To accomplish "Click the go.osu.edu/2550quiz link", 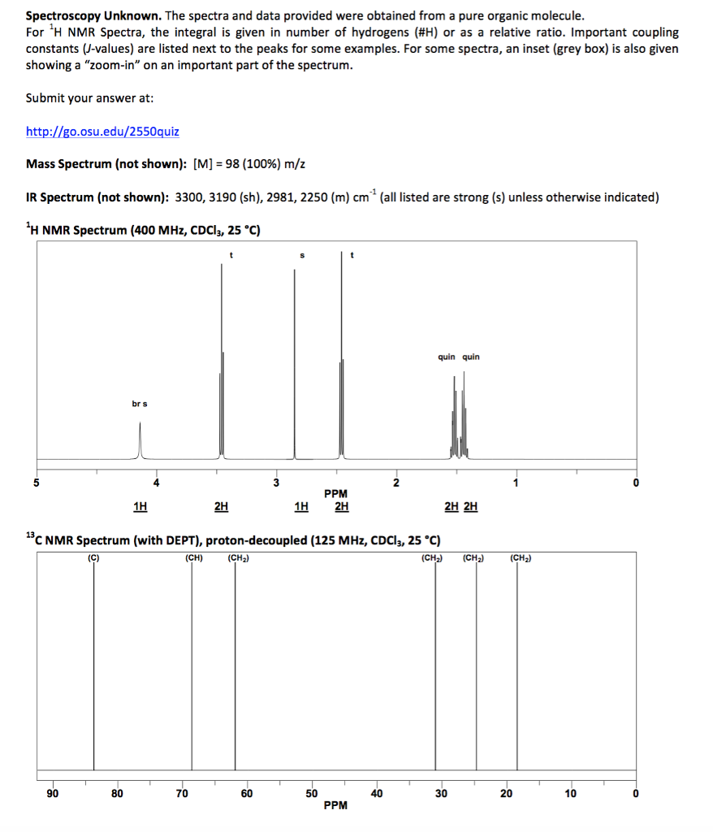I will coord(102,131).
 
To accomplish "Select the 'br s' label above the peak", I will coord(140,404).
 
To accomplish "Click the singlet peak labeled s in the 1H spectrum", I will coord(295,366).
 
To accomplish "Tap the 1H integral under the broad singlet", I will coord(140,507).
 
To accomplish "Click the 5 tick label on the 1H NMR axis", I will coord(35,483).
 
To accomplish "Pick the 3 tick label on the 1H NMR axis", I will coord(275,483).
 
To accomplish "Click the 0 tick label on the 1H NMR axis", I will coord(636,483).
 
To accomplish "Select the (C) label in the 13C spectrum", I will coord(93,557).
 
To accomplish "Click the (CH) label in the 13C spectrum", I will coord(192,557).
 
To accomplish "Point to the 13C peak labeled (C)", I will coord(93,666).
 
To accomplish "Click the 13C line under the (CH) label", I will coord(192,666).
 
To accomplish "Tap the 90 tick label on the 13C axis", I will coord(52,793).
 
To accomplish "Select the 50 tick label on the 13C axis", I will coord(311,793).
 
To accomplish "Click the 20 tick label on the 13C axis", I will coord(505,793).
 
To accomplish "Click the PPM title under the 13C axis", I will coord(335,805).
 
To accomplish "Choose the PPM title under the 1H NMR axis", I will coord(335,493).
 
